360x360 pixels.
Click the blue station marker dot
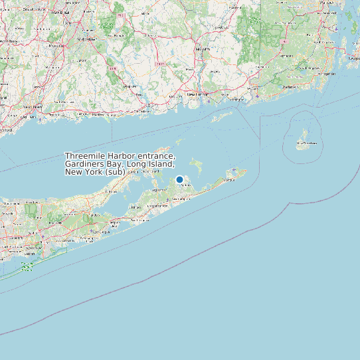pos(179,179)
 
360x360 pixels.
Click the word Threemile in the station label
pos(84,155)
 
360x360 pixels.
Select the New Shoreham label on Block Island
pos(306,142)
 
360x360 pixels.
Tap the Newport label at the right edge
pos(353,58)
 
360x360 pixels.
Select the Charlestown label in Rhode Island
pos(290,87)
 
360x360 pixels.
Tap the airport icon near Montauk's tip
pos(234,170)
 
